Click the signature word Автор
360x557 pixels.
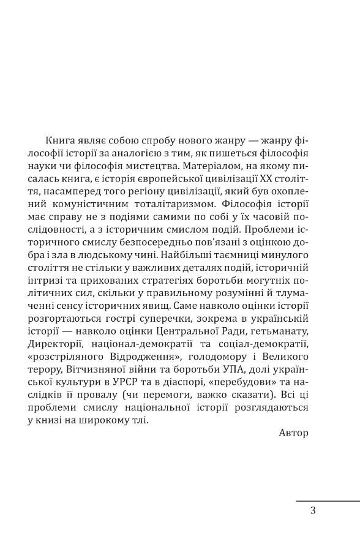tap(293, 433)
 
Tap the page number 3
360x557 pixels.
tap(313, 510)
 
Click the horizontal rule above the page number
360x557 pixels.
tap(328, 501)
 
